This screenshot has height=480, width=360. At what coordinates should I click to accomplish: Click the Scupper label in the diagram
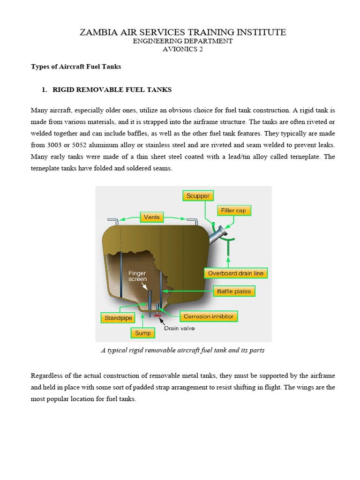[198, 196]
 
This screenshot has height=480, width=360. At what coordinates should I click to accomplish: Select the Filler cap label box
[234, 210]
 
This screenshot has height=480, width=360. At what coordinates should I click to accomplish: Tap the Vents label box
[152, 217]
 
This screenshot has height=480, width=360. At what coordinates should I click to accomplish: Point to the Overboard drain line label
[236, 273]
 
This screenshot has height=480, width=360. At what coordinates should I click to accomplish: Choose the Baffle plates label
[234, 291]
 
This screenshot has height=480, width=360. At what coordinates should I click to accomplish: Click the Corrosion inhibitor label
[208, 316]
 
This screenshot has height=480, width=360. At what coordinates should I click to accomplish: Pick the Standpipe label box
[117, 318]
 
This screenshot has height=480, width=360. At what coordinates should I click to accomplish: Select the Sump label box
[143, 333]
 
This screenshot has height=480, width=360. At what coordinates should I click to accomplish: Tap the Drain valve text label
[179, 329]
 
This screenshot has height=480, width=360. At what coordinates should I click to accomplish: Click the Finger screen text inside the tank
[138, 276]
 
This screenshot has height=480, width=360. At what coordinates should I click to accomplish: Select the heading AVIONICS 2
[182, 49]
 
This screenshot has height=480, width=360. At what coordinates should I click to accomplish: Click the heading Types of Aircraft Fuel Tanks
[76, 67]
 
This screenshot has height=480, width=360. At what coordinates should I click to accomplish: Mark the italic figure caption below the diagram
[183, 350]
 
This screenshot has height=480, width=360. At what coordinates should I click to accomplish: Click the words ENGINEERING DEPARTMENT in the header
[182, 41]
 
